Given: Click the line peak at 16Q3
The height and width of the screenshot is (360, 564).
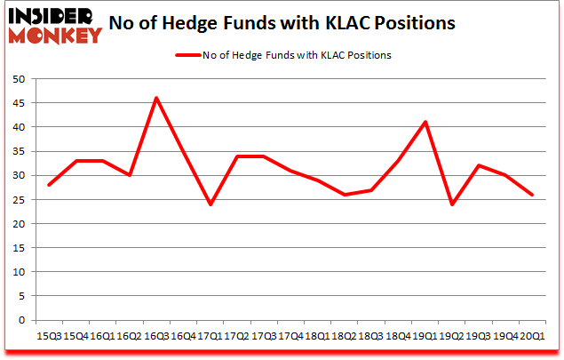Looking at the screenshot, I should click(x=156, y=98).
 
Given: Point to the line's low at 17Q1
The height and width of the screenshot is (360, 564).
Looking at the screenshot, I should click(x=211, y=204).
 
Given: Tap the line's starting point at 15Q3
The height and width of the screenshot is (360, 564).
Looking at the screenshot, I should click(x=49, y=185).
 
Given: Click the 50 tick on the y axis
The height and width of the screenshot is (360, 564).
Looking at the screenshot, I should click(x=21, y=79).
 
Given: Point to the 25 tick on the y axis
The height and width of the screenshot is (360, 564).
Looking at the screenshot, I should click(x=21, y=200).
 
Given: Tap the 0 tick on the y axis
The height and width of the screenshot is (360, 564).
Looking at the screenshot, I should click(x=26, y=321).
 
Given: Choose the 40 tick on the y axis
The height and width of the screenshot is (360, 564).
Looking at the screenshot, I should click(x=21, y=127).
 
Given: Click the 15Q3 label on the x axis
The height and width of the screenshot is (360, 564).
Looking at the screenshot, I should click(x=49, y=337).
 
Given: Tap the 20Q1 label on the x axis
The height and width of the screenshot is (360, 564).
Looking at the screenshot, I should click(x=535, y=337).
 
